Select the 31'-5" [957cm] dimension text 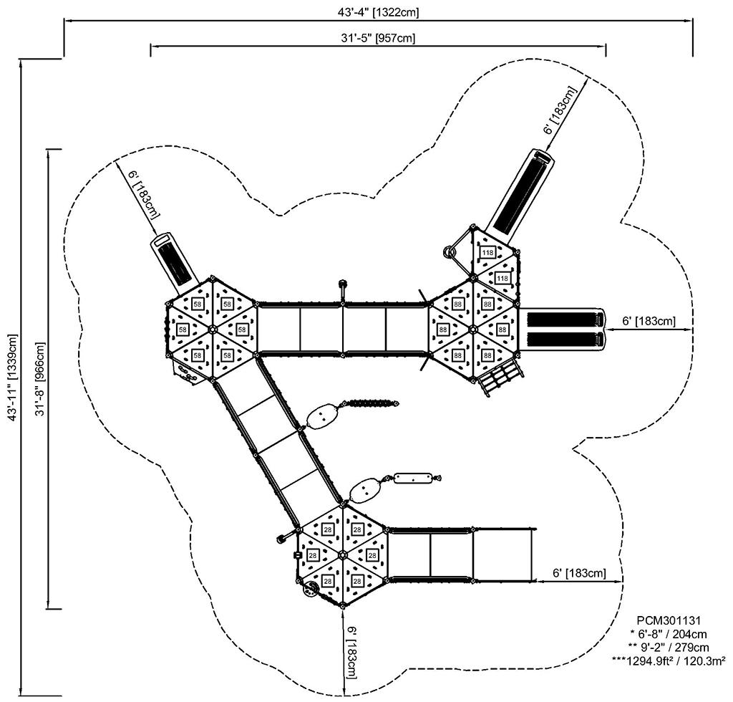377,39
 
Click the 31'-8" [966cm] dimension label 41,379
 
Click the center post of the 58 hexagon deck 213,330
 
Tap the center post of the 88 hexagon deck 472,329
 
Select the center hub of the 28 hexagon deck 342,555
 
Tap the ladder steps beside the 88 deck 502,378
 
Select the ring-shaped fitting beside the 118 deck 450,251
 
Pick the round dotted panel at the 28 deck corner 311,590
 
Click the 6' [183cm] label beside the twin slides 648,322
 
